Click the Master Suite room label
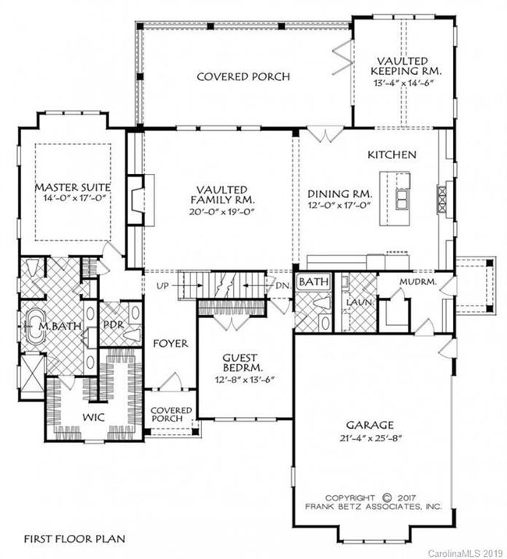[x=73, y=187]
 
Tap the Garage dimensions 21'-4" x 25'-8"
[x=370, y=438]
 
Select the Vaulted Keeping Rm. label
[x=406, y=66]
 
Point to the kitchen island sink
[x=402, y=199]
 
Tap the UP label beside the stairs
[x=162, y=285]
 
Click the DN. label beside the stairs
[x=283, y=285]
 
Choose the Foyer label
[x=170, y=343]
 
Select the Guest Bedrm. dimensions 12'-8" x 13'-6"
[x=244, y=380]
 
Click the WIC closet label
[x=94, y=417]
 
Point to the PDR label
[x=113, y=325]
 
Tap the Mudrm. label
[x=418, y=281]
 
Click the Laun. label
[x=360, y=302]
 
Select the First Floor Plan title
[x=75, y=538]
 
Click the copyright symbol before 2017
[x=387, y=497]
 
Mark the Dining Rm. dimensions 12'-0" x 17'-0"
[x=339, y=205]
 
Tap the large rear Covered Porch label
[x=243, y=76]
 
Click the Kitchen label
[x=392, y=154]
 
